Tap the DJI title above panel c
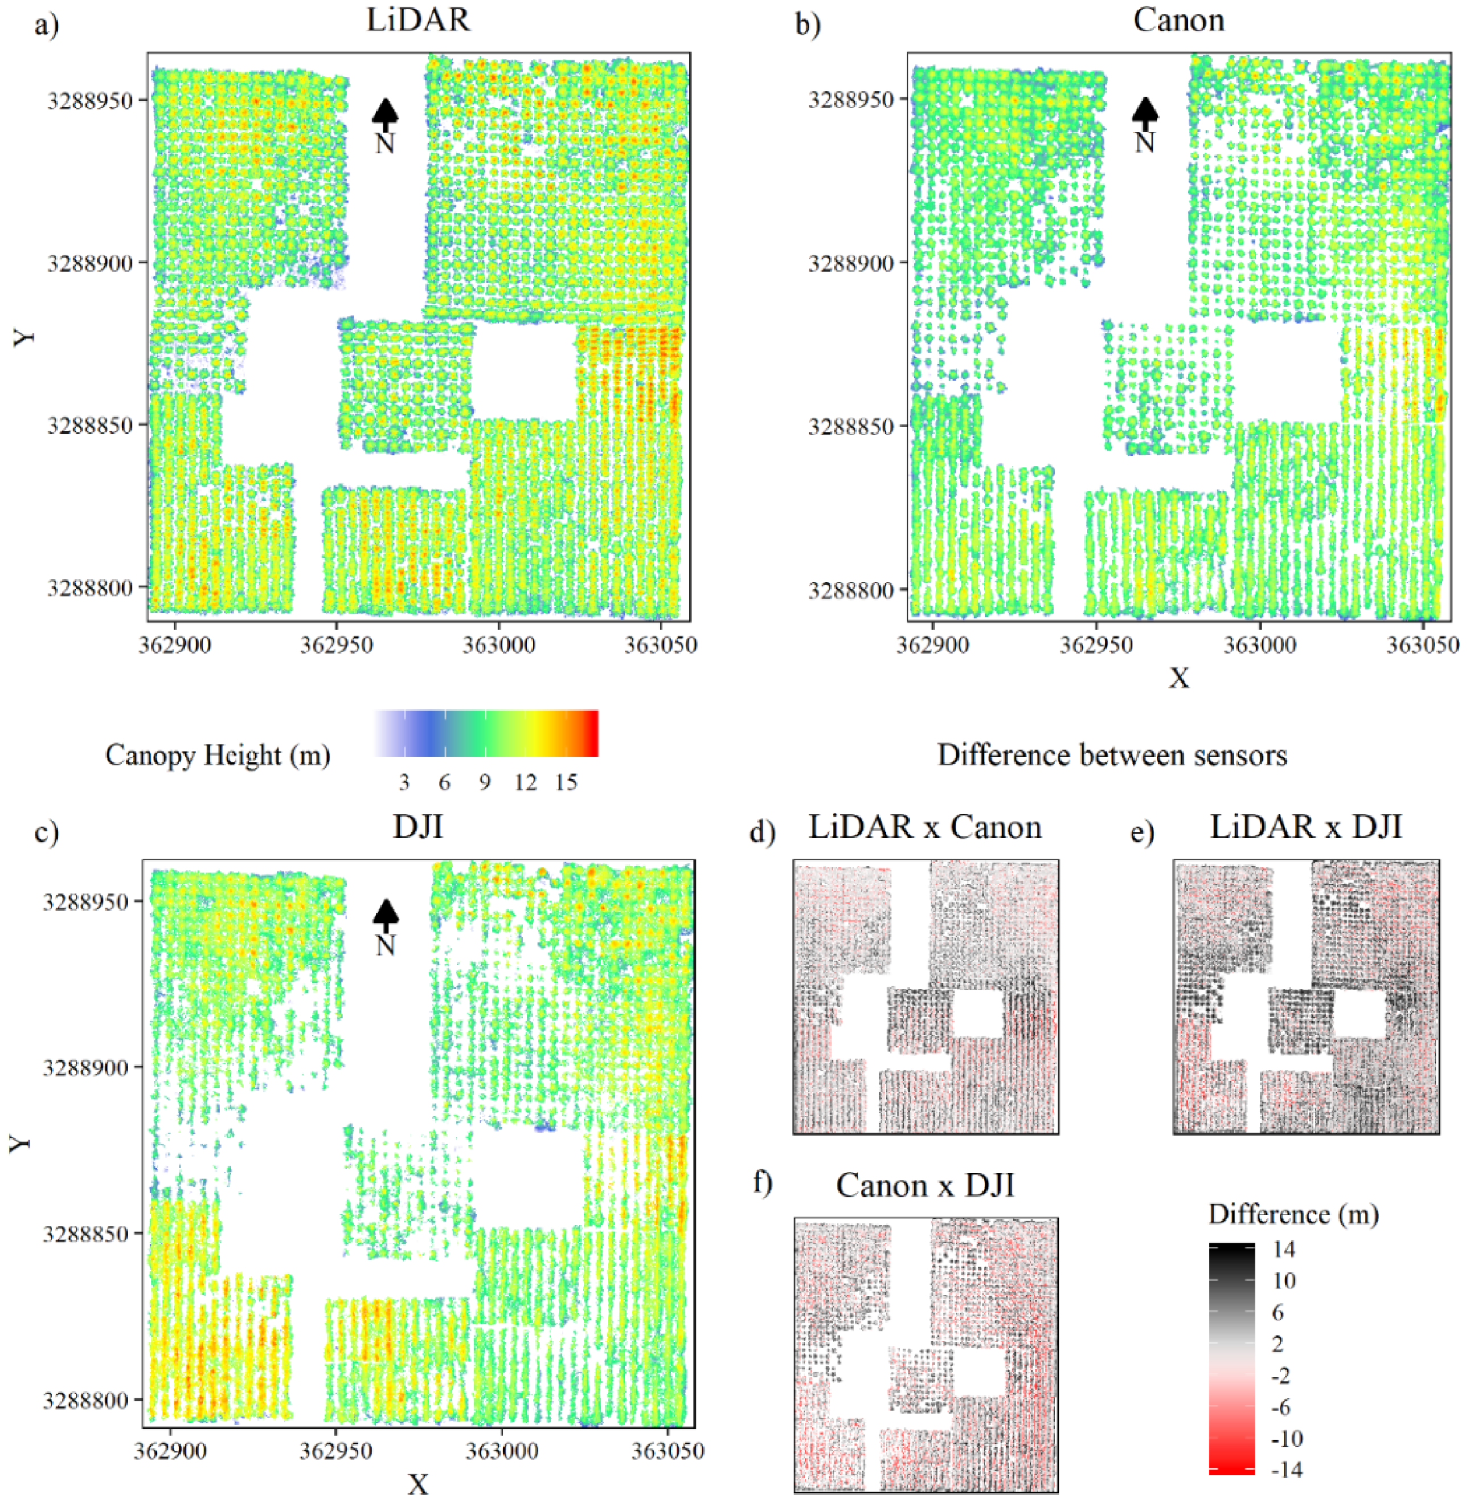point(417,827)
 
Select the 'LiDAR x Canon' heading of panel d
point(925,827)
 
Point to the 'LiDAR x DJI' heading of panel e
point(1305,827)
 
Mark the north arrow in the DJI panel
point(385,927)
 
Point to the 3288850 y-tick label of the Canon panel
point(851,426)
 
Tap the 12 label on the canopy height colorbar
point(526,782)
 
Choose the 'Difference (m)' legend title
point(1293,1214)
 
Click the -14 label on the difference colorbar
point(1286,1469)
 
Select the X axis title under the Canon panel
point(1178,678)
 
